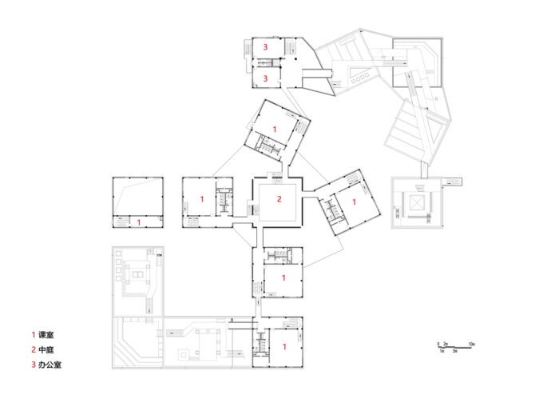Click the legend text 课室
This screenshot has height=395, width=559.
[x=46, y=335]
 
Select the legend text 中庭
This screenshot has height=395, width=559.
[x=46, y=349]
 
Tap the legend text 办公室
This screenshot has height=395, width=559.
[x=50, y=365]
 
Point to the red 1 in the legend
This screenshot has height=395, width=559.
[x=34, y=335]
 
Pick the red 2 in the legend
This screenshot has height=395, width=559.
[x=34, y=349]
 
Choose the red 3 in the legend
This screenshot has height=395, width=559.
[x=34, y=365]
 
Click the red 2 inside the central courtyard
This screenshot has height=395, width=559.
[x=279, y=199]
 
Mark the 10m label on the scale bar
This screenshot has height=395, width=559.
[x=471, y=344]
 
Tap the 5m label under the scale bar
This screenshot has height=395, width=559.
[x=455, y=351]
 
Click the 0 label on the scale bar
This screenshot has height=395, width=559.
[x=438, y=344]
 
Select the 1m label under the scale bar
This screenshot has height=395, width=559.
[x=442, y=351]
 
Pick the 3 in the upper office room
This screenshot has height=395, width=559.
[x=265, y=46]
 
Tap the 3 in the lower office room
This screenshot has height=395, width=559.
[x=265, y=78]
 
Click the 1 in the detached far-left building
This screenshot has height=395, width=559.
[x=139, y=222]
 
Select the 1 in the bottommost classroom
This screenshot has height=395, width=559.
[x=284, y=346]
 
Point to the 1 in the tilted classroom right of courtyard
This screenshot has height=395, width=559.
[x=354, y=202]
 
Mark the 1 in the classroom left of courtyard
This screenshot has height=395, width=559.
[x=202, y=199]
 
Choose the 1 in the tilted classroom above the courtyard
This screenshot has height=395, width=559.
[x=275, y=129]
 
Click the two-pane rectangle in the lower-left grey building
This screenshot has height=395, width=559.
[x=137, y=275]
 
